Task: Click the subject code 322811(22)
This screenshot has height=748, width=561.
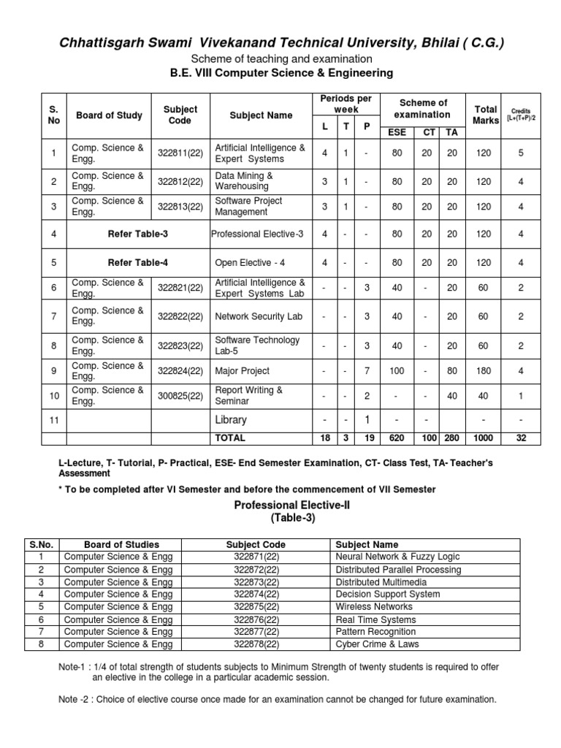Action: click(x=180, y=154)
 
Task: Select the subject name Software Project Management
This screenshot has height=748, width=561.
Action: click(x=248, y=206)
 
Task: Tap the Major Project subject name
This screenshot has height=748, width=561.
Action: click(x=242, y=371)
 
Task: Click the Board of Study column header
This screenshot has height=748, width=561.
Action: click(x=109, y=115)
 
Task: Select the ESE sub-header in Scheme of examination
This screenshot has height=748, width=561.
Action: click(x=397, y=132)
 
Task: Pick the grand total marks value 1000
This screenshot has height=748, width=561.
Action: click(x=483, y=438)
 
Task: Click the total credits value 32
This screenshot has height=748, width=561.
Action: click(x=521, y=438)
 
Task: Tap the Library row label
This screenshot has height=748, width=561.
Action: click(x=230, y=420)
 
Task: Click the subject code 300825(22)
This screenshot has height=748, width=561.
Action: click(x=180, y=396)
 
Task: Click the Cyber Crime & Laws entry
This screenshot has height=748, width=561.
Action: click(x=376, y=644)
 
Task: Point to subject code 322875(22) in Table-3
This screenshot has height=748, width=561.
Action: click(x=256, y=606)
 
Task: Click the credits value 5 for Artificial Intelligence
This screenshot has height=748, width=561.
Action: click(x=521, y=154)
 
